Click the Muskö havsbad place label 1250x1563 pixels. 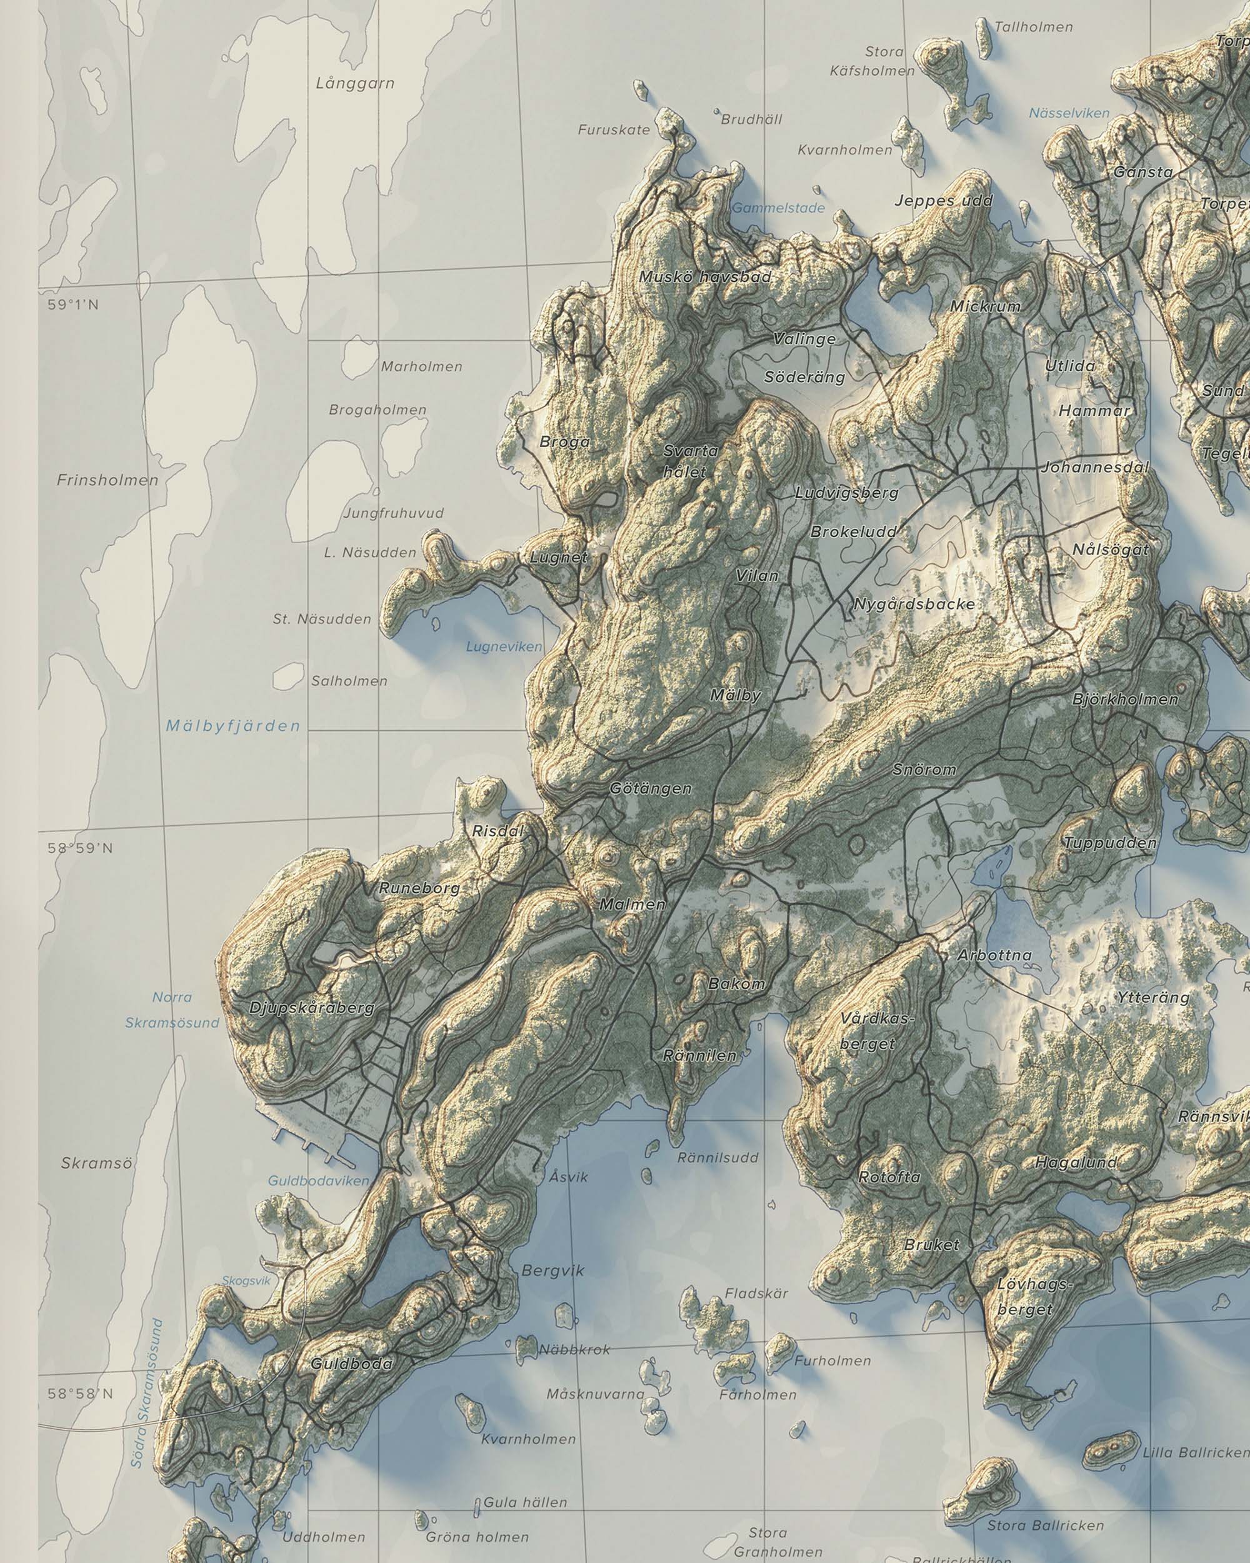pyautogui.click(x=705, y=277)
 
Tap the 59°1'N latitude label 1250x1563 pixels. pyautogui.click(x=73, y=305)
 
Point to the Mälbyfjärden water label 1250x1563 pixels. pyautogui.click(x=232, y=726)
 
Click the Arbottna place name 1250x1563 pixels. pyautogui.click(x=994, y=955)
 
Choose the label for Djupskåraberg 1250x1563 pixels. pyautogui.click(x=312, y=1008)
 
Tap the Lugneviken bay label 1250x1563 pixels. pyautogui.click(x=504, y=646)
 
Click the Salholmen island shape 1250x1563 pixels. pyautogui.click(x=287, y=676)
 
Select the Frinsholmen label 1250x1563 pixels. pyautogui.click(x=107, y=480)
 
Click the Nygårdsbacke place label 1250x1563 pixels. pyautogui.click(x=913, y=604)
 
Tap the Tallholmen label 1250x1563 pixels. pyautogui.click(x=1033, y=27)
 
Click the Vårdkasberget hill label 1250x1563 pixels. pyautogui.click(x=877, y=1032)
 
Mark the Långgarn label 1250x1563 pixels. pyautogui.click(x=355, y=83)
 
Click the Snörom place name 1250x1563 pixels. pyautogui.click(x=924, y=770)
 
